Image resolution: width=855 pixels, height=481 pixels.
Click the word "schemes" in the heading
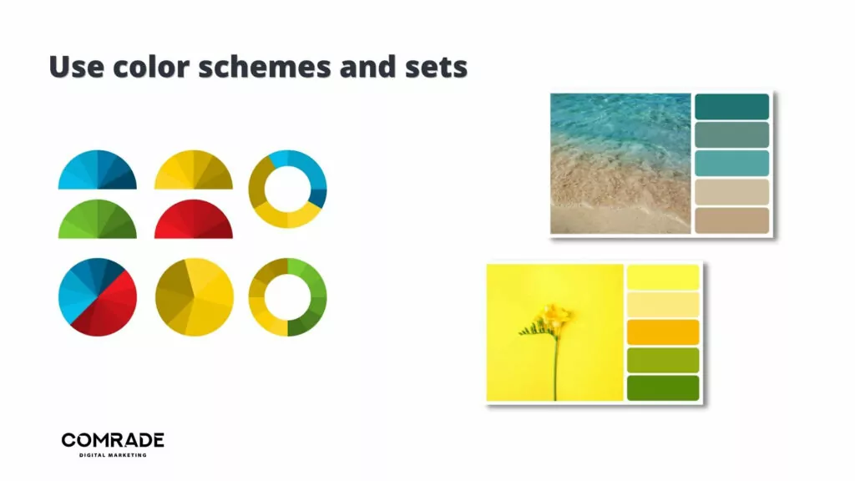click(265, 67)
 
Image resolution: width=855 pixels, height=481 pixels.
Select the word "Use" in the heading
click(76, 67)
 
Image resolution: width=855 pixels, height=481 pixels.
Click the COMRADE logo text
click(113, 440)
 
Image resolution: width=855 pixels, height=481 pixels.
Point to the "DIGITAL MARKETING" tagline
click(113, 455)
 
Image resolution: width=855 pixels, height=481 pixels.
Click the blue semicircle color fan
click(98, 170)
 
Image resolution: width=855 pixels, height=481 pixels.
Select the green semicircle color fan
click(98, 220)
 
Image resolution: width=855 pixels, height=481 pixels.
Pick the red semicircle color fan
click(194, 220)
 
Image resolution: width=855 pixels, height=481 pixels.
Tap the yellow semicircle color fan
click(194, 170)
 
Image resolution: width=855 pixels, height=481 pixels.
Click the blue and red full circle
click(98, 297)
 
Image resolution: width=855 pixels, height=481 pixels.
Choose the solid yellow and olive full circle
click(195, 297)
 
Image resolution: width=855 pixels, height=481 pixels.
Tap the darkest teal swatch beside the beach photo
click(731, 106)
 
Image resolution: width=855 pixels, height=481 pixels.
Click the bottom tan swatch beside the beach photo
click(731, 220)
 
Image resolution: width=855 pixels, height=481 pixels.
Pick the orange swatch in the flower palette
click(663, 332)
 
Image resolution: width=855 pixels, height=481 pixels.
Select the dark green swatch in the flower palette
click(663, 387)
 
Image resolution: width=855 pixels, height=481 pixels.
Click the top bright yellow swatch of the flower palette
click(663, 277)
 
